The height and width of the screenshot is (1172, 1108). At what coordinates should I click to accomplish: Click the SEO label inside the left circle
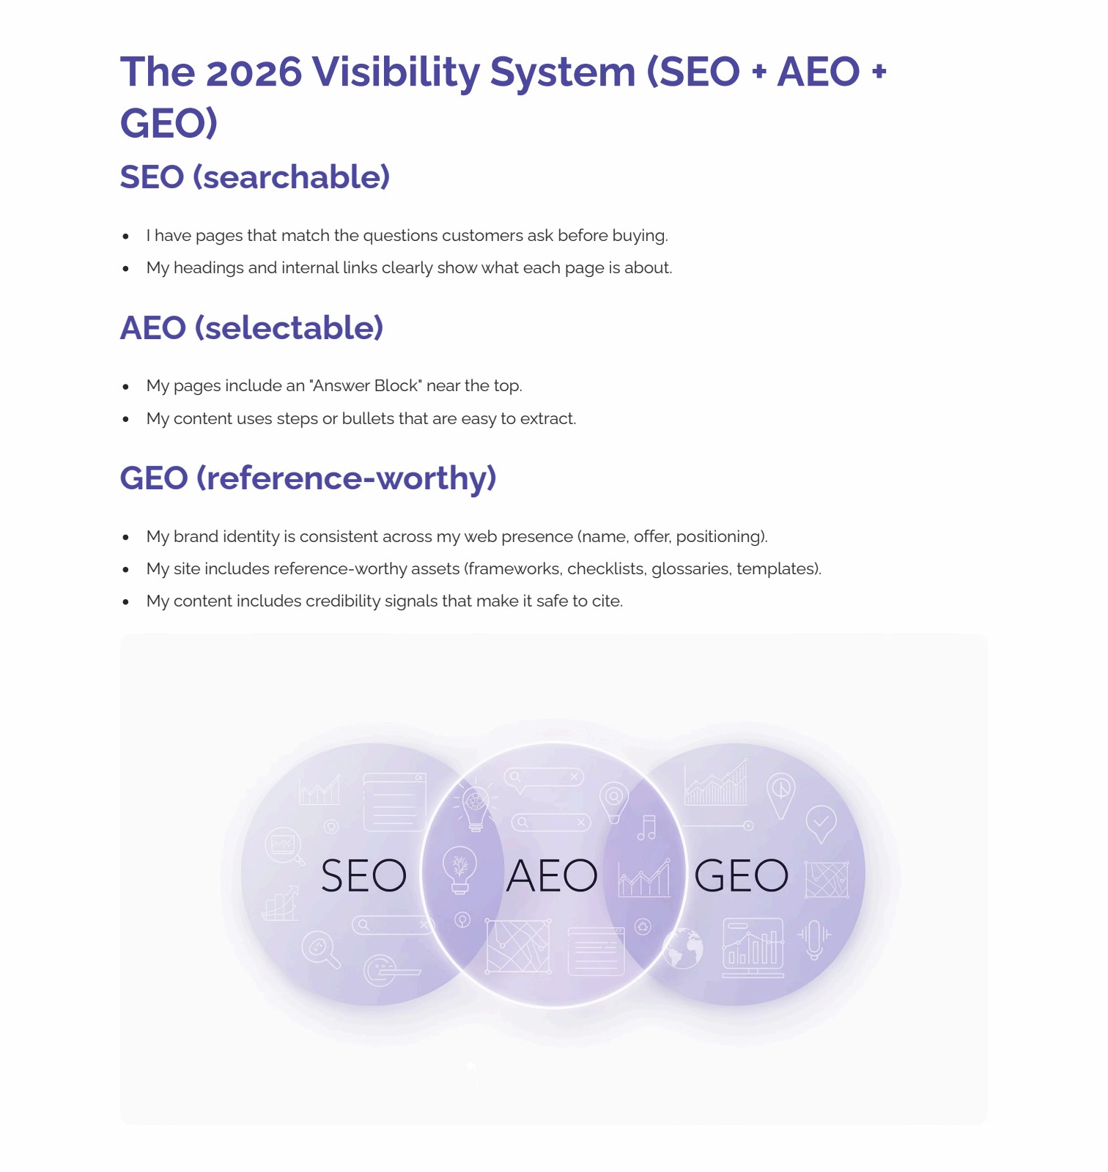click(x=363, y=875)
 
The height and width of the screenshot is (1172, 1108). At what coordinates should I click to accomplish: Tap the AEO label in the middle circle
click(x=552, y=875)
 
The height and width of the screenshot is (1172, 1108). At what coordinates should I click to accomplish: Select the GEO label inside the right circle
click(x=741, y=875)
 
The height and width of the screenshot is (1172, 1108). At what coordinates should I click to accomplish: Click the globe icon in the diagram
click(x=683, y=948)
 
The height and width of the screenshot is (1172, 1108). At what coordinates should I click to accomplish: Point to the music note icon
click(x=647, y=827)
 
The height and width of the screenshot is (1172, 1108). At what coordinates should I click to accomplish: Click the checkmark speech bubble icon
click(x=821, y=823)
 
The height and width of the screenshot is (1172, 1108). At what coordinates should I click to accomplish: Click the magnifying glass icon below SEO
click(x=321, y=949)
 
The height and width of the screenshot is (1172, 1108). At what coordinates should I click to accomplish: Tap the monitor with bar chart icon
click(x=753, y=947)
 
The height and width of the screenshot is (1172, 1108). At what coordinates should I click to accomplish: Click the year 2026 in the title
click(x=254, y=72)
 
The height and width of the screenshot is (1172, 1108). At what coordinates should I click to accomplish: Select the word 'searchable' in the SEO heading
click(x=291, y=177)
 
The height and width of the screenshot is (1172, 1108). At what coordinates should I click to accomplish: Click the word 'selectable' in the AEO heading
click(x=289, y=328)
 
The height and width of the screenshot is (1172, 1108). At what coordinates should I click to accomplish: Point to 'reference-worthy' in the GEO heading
click(x=346, y=478)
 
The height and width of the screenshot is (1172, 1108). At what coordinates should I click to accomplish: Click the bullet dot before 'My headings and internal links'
click(x=126, y=269)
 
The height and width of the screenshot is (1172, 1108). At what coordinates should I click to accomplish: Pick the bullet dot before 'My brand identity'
click(x=126, y=538)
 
